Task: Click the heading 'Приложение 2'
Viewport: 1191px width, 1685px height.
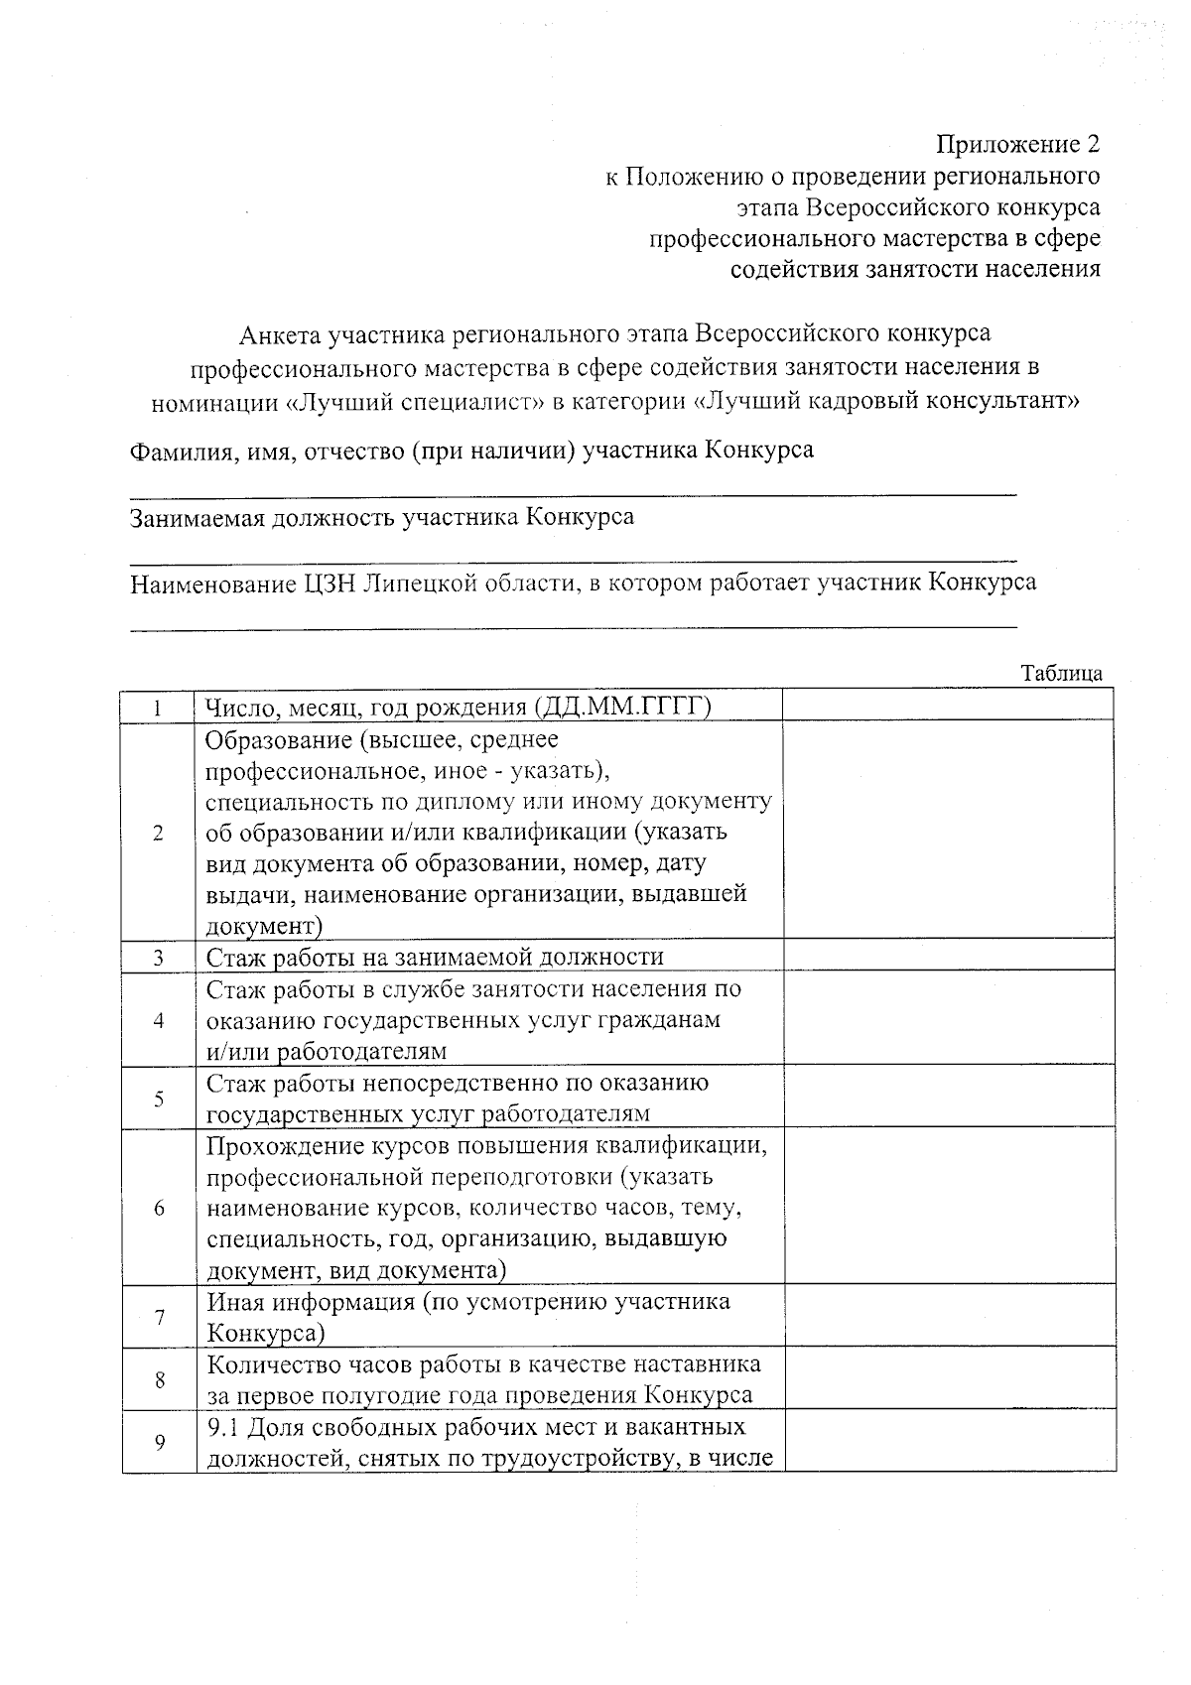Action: point(1018,145)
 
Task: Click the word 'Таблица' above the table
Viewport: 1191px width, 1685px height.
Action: point(1062,673)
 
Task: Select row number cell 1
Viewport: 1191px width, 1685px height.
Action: point(159,708)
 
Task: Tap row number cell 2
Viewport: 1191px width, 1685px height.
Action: point(159,833)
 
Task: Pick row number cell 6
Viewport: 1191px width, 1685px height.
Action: point(159,1209)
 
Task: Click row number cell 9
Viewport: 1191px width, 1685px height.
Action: point(159,1442)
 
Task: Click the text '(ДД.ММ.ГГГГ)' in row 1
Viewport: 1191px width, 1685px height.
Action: point(622,708)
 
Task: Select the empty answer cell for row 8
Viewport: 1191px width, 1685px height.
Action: point(948,1378)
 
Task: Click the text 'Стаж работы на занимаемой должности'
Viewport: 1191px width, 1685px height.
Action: point(435,958)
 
